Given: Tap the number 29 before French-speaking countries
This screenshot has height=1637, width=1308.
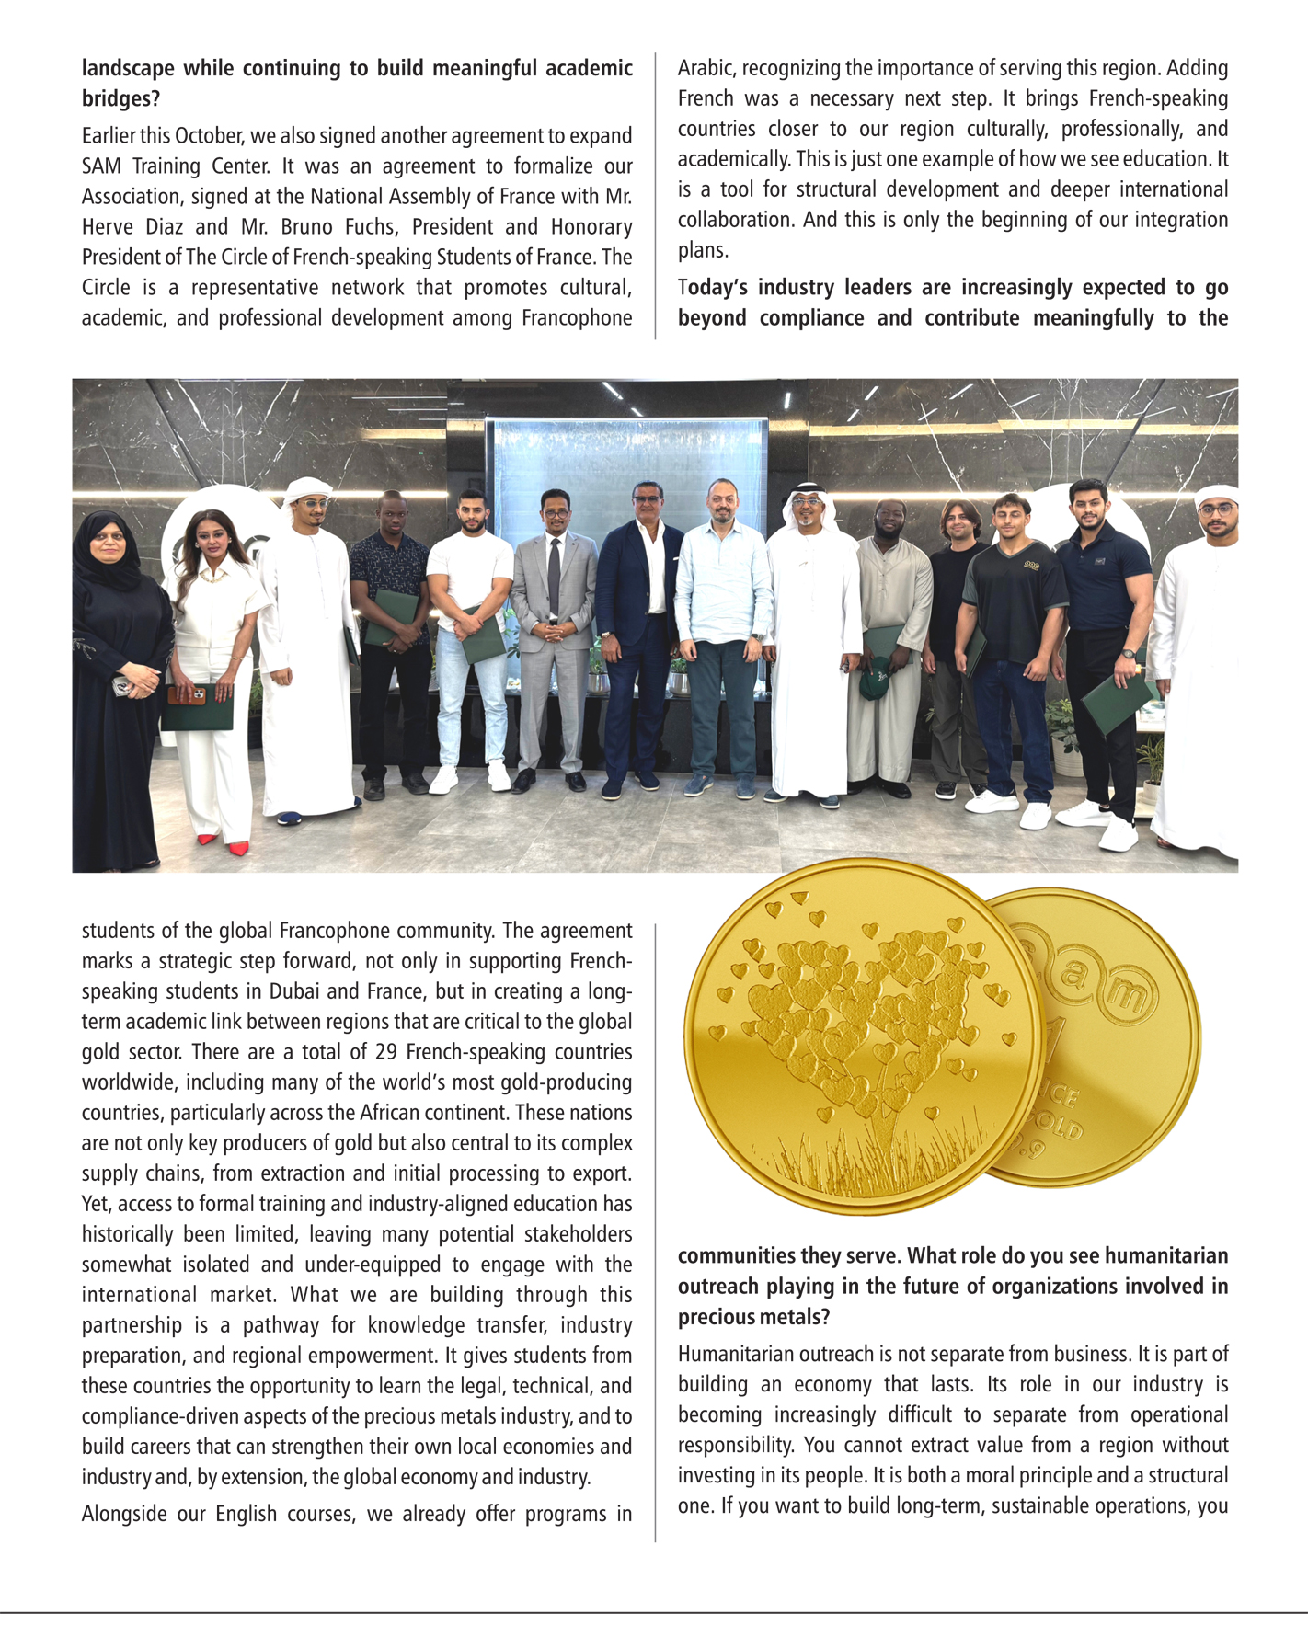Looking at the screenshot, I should click(x=386, y=1052).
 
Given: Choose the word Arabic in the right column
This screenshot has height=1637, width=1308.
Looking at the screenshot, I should click(x=706, y=68).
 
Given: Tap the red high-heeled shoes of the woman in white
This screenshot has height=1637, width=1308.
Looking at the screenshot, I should click(x=224, y=844).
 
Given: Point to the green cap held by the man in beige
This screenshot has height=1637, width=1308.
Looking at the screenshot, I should click(x=875, y=681).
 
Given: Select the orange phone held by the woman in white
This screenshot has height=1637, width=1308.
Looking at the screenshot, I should click(x=188, y=694).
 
